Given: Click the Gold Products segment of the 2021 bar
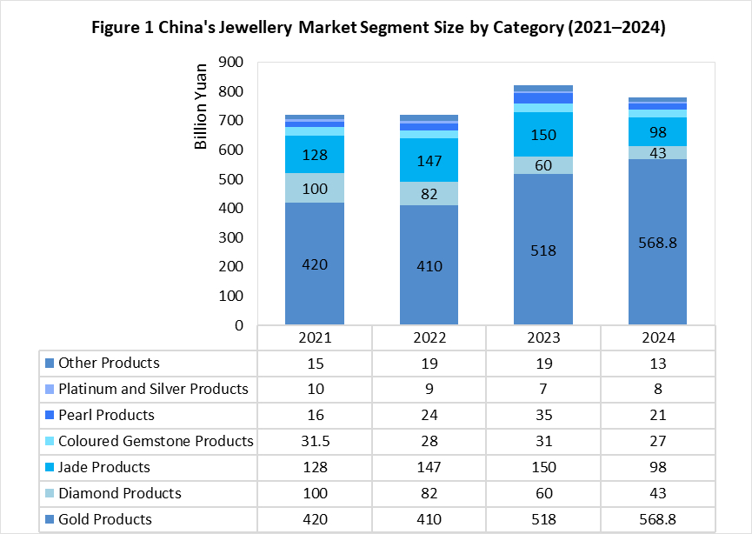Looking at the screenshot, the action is point(315,264).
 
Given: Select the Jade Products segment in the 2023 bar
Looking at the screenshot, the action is point(543,134).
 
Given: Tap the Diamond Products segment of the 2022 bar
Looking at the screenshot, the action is point(429,193).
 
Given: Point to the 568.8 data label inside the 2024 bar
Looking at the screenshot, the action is point(657,243).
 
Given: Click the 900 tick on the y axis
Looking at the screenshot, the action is point(230,62).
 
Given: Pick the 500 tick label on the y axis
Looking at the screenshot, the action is point(230,179).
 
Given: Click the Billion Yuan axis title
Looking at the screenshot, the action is point(201,106).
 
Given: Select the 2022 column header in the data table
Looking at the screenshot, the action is point(429,337).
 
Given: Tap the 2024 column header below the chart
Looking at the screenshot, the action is point(658,337).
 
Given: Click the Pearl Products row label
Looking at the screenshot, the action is point(106,415).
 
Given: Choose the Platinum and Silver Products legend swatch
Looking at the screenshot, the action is point(50,389).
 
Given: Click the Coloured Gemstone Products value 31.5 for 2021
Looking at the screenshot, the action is point(315,442).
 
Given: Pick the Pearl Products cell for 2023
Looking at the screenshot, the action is point(544,415).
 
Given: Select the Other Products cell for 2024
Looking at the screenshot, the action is point(658,364).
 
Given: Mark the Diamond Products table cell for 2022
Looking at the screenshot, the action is point(429,493).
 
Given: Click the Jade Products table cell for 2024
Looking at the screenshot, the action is point(658,467).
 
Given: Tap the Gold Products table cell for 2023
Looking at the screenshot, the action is point(544,519).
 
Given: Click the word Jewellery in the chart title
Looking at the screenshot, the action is point(255,28).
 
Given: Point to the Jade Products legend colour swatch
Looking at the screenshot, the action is point(50,467).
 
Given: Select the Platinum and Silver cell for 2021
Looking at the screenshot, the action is point(315,389).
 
